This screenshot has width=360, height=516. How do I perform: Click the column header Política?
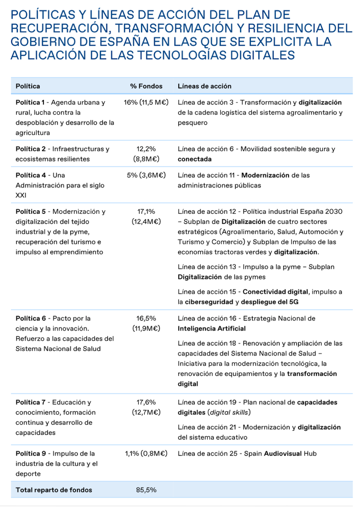[x=28, y=86]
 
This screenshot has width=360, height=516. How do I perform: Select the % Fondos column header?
[x=146, y=86]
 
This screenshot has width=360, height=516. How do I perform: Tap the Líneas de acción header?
[x=204, y=86]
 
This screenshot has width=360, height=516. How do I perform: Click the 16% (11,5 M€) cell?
[x=146, y=102]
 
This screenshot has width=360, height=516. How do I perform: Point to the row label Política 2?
[x=31, y=149]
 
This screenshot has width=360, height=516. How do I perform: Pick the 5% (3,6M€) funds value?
[x=146, y=175]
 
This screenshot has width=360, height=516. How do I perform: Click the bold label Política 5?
[x=31, y=212]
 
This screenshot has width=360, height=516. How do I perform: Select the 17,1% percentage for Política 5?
[x=146, y=212]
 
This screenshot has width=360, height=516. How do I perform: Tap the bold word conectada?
[x=194, y=159]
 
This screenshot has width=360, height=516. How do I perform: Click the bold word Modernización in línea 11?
[x=265, y=175]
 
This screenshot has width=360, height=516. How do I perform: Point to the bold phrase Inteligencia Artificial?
[x=211, y=329]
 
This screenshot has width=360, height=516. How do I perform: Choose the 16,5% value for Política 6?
[x=146, y=319]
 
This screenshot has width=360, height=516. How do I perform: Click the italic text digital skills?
[x=229, y=412]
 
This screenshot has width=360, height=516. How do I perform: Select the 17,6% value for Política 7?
[x=146, y=402]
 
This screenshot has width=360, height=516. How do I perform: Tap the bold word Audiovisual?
[x=283, y=453]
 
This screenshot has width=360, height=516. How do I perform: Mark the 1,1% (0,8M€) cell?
[x=146, y=453]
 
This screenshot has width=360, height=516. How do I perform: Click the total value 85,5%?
[x=146, y=490]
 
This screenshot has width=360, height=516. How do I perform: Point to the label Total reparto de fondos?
[x=54, y=490]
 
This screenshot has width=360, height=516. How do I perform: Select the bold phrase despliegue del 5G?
[x=270, y=302]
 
